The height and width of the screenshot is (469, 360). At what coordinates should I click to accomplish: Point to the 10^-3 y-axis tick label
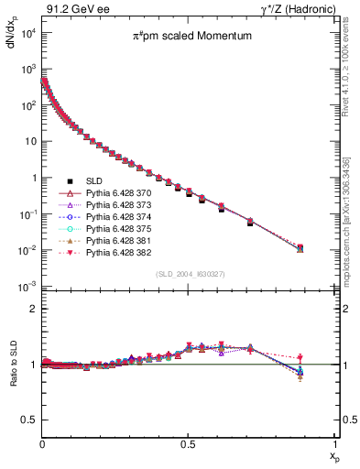28,287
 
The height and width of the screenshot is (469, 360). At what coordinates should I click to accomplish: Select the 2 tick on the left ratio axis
33,309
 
